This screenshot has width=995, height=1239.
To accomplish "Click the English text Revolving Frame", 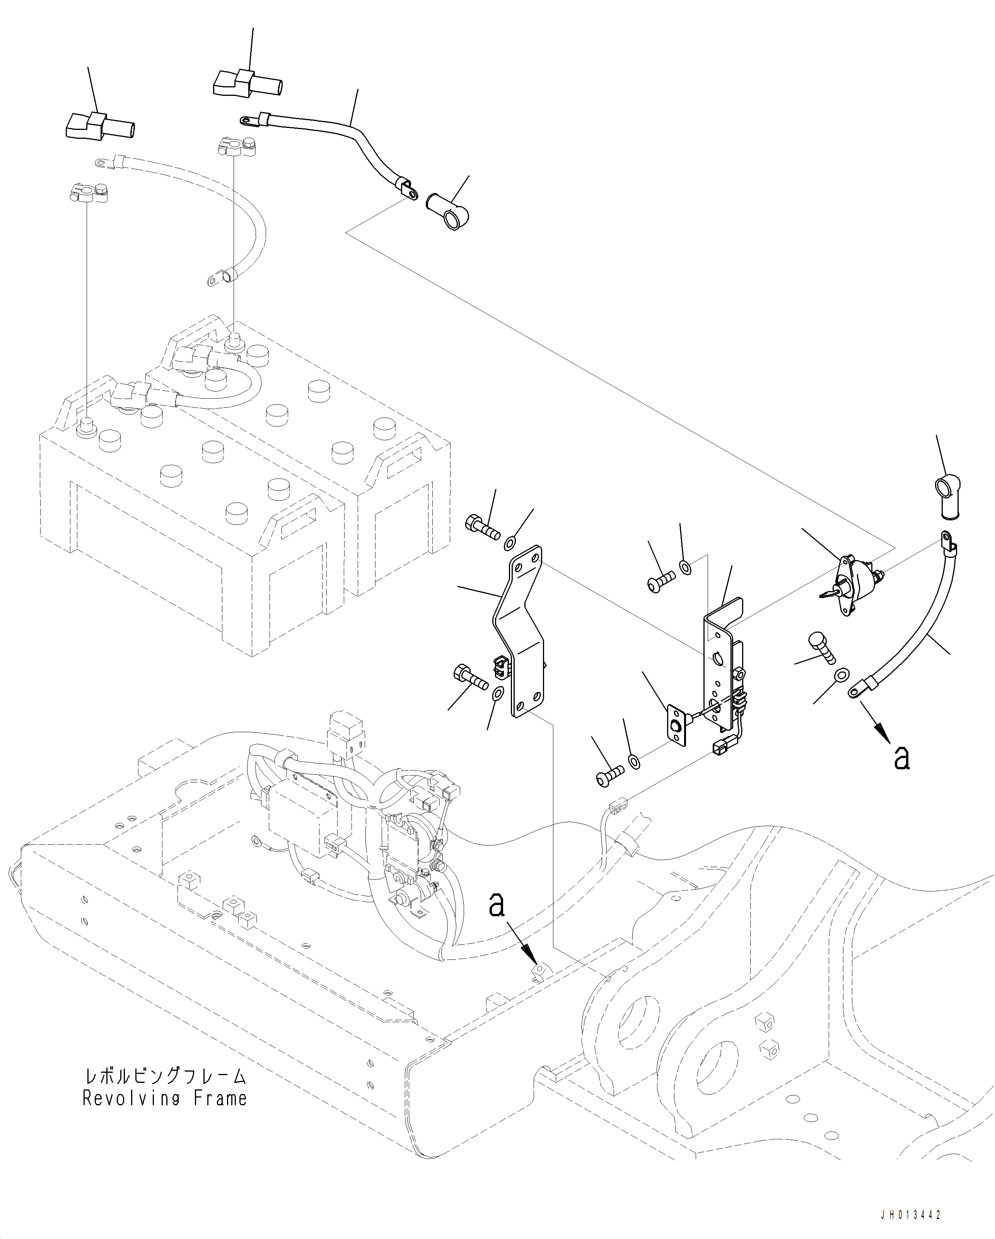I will click(x=165, y=1098).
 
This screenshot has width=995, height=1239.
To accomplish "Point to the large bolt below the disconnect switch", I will click(x=823, y=647).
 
